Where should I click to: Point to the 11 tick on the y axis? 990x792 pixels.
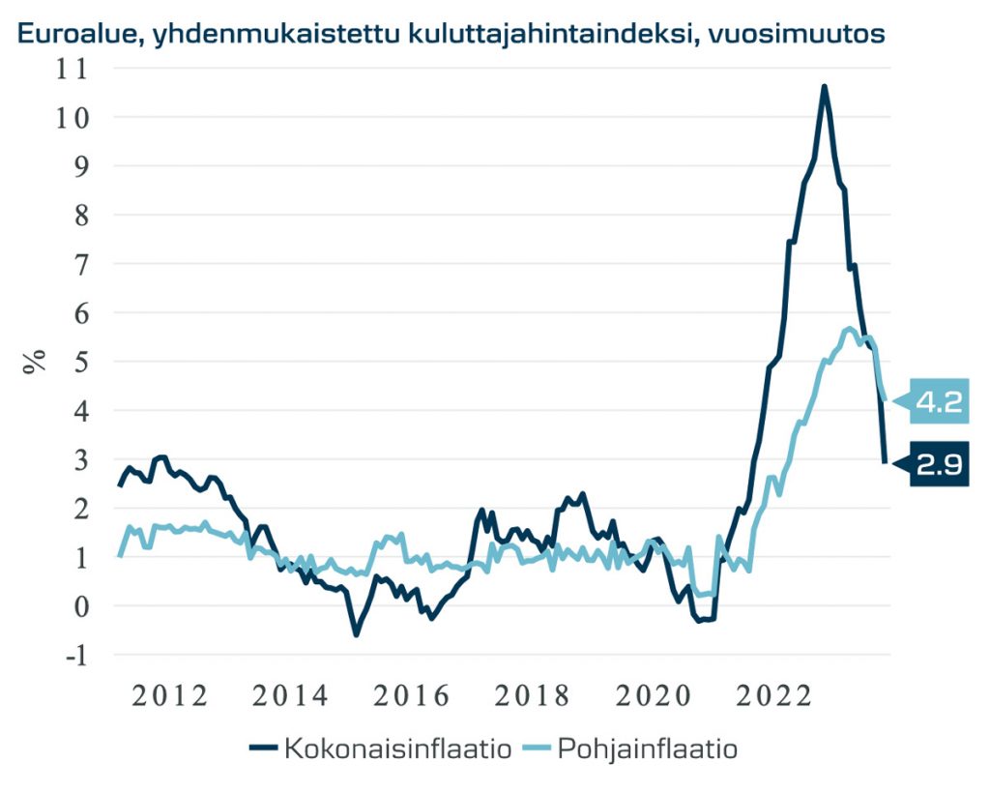point(71,69)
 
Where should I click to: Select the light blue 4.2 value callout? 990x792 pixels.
point(938,400)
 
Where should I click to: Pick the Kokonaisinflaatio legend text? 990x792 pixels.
point(396,748)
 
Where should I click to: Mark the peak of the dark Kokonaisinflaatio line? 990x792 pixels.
point(824,87)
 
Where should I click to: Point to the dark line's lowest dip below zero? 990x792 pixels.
point(356,634)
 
